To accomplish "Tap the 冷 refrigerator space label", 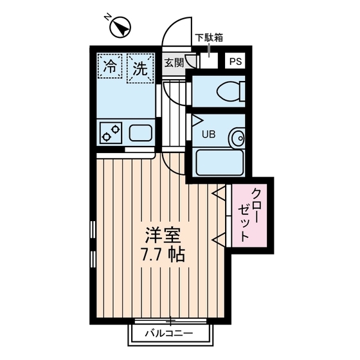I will (x=111, y=66).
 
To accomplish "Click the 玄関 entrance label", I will (x=174, y=62).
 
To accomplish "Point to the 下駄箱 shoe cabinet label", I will (x=210, y=37).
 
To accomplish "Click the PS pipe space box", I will (x=236, y=62).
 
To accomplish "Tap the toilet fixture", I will (x=229, y=91).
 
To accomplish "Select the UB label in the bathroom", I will (x=209, y=134).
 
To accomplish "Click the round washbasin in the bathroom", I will (x=238, y=137).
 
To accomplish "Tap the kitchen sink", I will (x=140, y=134).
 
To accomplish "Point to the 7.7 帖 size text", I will (x=162, y=254).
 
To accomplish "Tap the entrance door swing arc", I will (x=175, y=32).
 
